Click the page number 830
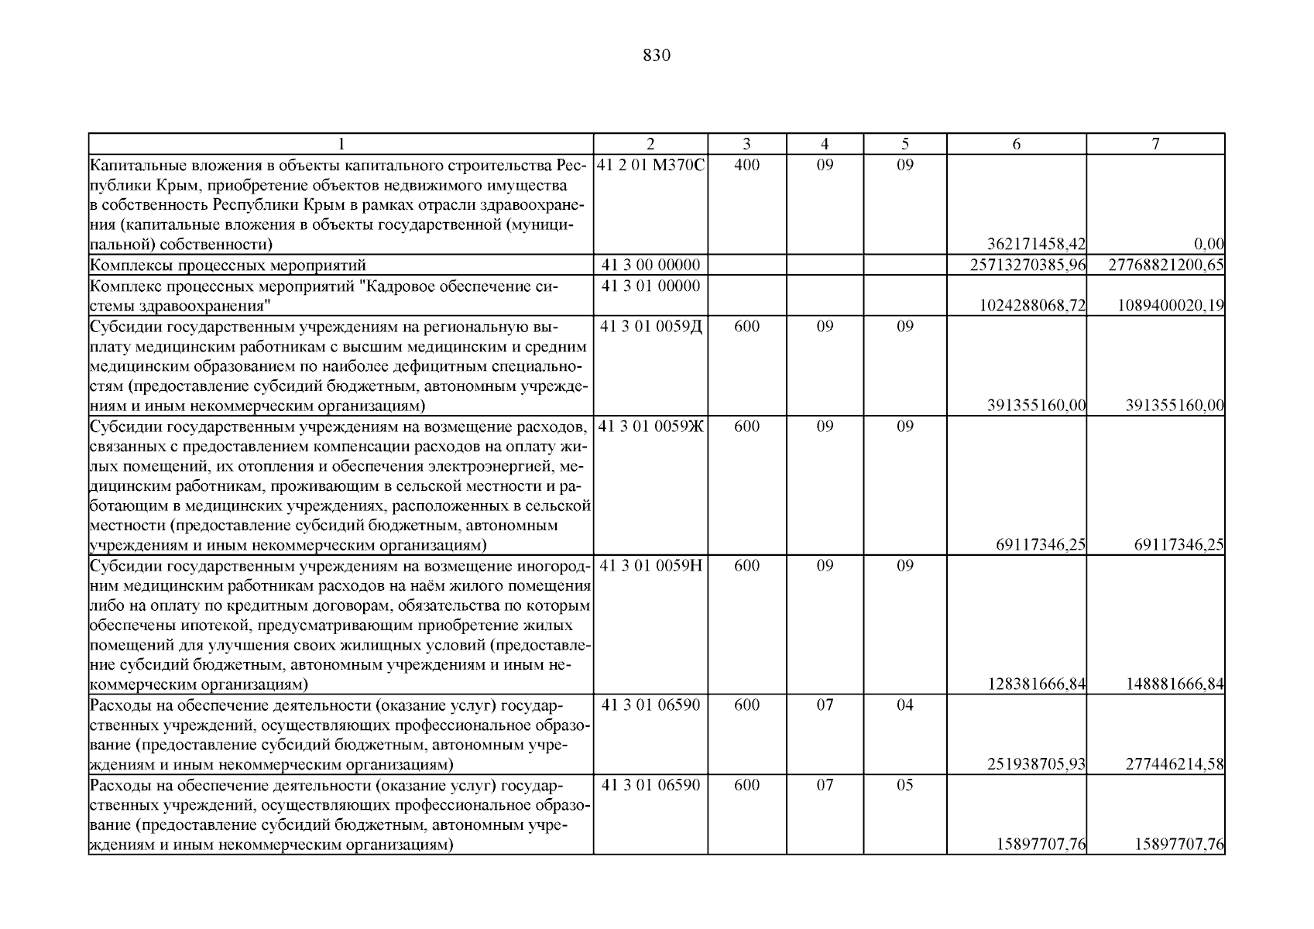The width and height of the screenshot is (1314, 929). pyautogui.click(x=657, y=56)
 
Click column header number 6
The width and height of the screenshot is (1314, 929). pyautogui.click(x=1016, y=144)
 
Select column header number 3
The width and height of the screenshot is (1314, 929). pyautogui.click(x=746, y=144)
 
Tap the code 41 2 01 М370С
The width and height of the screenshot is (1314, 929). pyautogui.click(x=650, y=165)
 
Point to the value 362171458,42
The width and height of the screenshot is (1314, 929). pyautogui.click(x=1037, y=245)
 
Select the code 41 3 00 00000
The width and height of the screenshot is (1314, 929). pyautogui.click(x=650, y=266)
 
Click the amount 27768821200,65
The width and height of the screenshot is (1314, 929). pyautogui.click(x=1166, y=266)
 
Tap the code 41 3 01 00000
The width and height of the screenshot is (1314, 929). pyautogui.click(x=650, y=286)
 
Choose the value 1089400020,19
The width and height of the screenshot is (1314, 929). pyautogui.click(x=1171, y=306)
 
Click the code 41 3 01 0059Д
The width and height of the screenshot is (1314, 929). pyautogui.click(x=650, y=326)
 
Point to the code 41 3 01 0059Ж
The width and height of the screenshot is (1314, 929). pyautogui.click(x=650, y=426)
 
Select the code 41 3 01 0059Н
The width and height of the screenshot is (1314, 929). pyautogui.click(x=650, y=565)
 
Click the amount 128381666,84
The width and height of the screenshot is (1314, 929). pyautogui.click(x=1037, y=684)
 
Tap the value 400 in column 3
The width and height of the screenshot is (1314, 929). pyautogui.click(x=746, y=165)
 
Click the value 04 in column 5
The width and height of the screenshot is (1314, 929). pyautogui.click(x=904, y=704)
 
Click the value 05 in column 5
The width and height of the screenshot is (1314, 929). pyautogui.click(x=904, y=785)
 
